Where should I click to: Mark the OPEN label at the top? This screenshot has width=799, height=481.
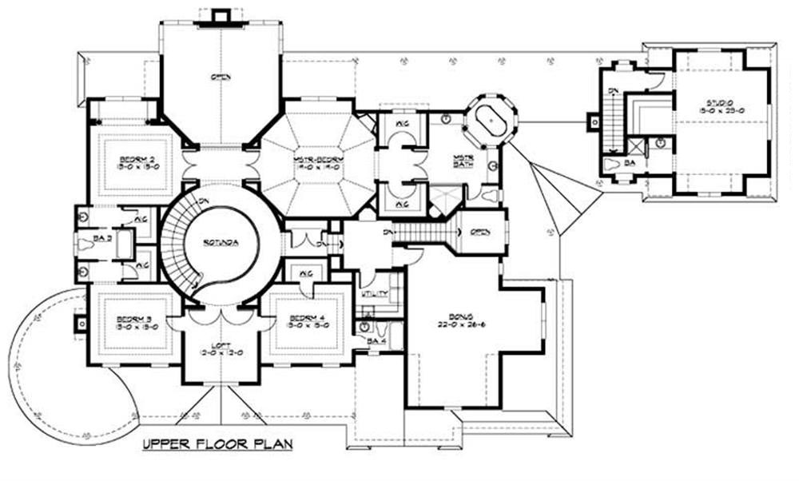click(x=221, y=78)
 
